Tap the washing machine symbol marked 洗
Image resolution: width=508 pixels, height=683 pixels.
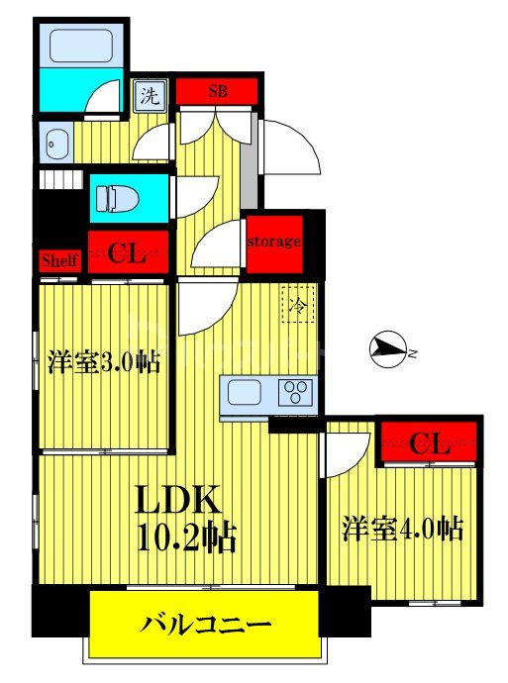(x=149, y=97)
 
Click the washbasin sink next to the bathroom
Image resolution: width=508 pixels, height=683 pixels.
(x=53, y=145)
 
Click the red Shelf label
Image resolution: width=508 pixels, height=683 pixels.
(x=58, y=260)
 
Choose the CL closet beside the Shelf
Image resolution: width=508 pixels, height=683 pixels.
(x=128, y=254)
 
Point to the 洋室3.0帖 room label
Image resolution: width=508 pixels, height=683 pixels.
(x=105, y=362)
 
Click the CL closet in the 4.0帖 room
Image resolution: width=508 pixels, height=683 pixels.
(x=429, y=442)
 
